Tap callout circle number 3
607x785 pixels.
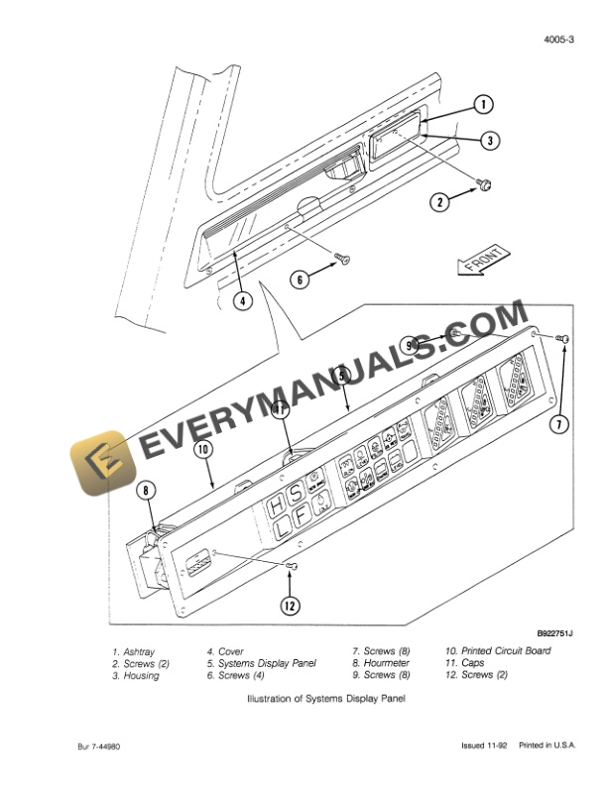pyautogui.click(x=490, y=141)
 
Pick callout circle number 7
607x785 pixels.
pyautogui.click(x=560, y=424)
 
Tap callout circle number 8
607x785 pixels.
pyautogui.click(x=146, y=488)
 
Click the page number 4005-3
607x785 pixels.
pyautogui.click(x=560, y=40)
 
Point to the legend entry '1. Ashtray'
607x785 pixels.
pyautogui.click(x=137, y=651)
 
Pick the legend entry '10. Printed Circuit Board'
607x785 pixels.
pyautogui.click(x=498, y=651)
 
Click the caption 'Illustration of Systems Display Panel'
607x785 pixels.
pyautogui.click(x=325, y=699)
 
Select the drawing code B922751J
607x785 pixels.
pyautogui.click(x=555, y=632)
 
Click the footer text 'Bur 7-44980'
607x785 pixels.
pyautogui.click(x=99, y=745)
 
